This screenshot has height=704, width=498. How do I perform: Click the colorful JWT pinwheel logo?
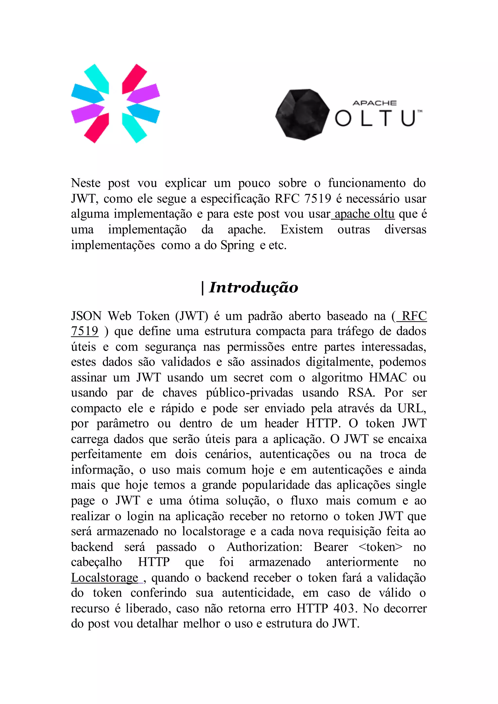pos(115,103)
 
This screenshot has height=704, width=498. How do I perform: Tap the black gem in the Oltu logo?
pos(302,115)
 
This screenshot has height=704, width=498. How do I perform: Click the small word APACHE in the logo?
pos(374,103)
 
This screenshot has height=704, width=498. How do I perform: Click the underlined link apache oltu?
pos(364,214)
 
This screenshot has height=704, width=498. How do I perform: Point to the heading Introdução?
pos(253,288)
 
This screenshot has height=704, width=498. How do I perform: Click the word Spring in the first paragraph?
pos(237,245)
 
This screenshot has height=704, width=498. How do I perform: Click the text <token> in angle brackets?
pos(380,547)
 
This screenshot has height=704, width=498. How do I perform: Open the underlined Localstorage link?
pos(105,578)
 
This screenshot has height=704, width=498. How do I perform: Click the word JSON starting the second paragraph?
pos(86,316)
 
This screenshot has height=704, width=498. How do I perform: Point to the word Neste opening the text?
pos(86,183)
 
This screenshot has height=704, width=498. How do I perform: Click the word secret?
pos(248,378)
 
